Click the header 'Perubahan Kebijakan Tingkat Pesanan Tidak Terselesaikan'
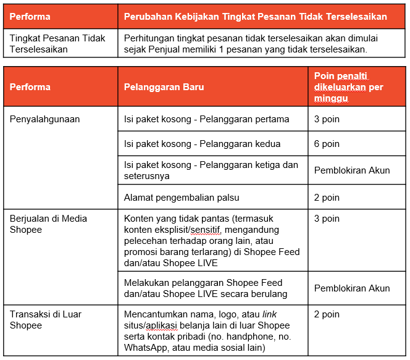256,16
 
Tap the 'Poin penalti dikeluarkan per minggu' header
348,87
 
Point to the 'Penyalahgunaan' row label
45,119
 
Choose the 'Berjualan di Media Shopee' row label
48,224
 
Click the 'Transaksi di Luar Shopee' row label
46,319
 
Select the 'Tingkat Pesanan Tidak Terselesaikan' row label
57,43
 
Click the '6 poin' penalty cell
327,144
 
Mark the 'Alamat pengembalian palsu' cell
182,198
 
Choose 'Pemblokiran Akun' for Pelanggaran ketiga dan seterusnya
352,170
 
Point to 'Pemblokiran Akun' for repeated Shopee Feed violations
352,288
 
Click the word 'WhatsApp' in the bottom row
145,348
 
